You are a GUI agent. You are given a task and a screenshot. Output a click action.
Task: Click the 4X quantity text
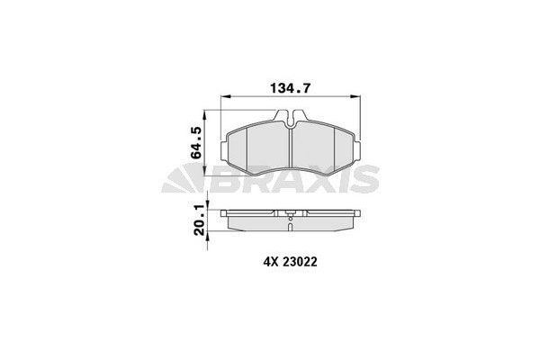(269, 263)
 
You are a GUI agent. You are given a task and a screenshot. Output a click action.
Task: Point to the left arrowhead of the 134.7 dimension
(225, 98)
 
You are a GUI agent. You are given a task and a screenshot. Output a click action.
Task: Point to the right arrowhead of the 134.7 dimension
(360, 98)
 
